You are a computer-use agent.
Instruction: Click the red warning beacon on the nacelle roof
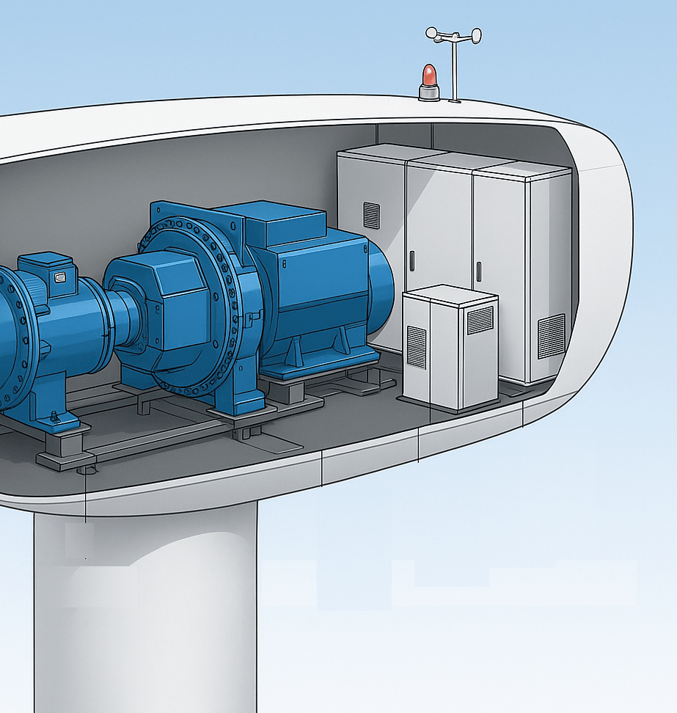point(428,76)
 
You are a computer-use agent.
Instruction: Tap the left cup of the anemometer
point(432,33)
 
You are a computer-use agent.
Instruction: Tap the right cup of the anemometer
point(476,34)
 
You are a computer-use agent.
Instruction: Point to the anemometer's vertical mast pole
point(454,70)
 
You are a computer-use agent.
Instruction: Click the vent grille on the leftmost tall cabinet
point(372,215)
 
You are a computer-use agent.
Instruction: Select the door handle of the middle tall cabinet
point(411,260)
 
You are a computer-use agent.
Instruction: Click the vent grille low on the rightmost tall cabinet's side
point(551,336)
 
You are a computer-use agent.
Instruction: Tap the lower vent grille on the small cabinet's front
point(416,346)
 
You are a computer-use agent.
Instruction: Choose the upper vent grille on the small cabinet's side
point(480,320)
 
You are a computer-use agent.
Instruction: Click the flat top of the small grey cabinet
point(450,294)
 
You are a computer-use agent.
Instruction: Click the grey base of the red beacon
point(429,93)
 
